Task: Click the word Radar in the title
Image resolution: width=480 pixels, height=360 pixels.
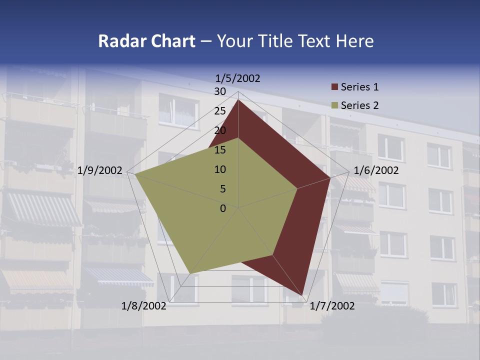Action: pos(118,41)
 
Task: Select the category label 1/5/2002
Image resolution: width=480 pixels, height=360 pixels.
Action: pos(238,78)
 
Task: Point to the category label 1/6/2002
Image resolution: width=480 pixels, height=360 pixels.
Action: pos(376,170)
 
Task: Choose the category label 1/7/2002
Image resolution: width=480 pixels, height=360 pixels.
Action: pos(332,306)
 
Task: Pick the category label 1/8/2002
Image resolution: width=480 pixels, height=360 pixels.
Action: pos(144,306)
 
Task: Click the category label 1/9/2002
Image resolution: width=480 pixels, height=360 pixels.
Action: pos(100,170)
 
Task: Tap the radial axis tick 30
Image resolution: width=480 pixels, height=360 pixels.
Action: pos(220,91)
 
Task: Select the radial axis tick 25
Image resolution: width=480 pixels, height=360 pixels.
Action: pos(220,111)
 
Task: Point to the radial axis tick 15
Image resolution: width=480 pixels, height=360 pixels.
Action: pos(220,150)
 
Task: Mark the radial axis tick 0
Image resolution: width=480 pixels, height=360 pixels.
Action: pos(223,208)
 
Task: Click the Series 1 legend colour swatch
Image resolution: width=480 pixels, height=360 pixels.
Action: pos(334,87)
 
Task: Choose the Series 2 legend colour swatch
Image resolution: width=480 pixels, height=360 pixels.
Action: pos(334,106)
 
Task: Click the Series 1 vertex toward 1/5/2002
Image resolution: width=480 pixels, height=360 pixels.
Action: pos(238,100)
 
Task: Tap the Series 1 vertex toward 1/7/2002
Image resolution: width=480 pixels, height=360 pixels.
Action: pos(302,295)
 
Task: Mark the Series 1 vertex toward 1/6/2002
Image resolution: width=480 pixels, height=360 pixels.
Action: pos(330,177)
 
